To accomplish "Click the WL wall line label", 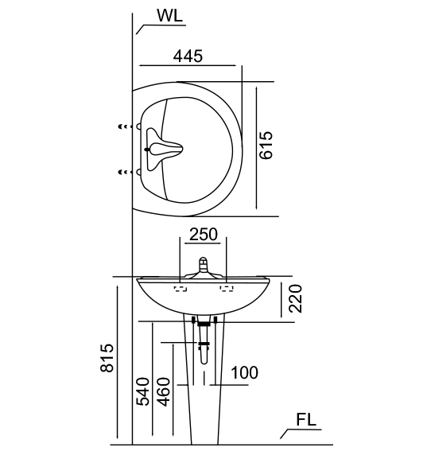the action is (169, 16).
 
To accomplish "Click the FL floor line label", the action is (306, 420).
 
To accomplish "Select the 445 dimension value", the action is (188, 56).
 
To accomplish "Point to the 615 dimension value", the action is (266, 145).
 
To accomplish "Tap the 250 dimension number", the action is (204, 234).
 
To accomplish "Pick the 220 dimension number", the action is (296, 298).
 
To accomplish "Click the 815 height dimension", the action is (107, 358).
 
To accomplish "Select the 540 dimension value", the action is (143, 391).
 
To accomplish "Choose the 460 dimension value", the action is (164, 391).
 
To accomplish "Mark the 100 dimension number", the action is (244, 372).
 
